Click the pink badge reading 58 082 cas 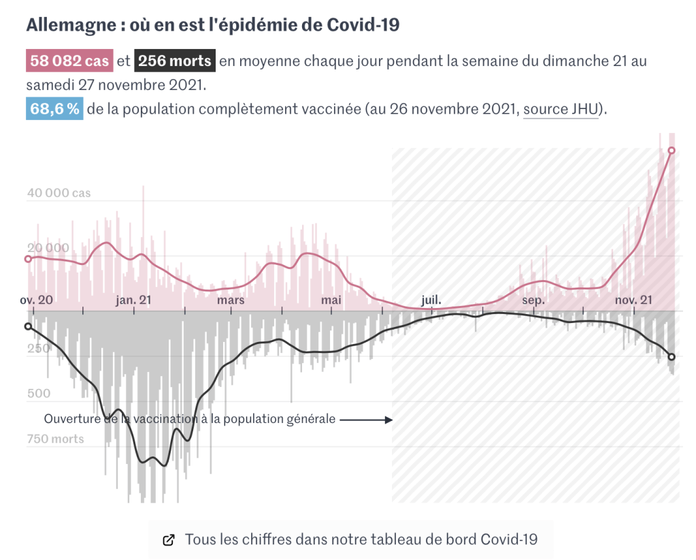(69, 61)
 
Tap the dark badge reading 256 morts (175, 61)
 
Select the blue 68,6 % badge (54, 110)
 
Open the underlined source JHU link (560, 110)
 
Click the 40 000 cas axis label (59, 193)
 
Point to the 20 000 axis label (48, 248)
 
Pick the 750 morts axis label (56, 439)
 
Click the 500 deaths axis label (38, 393)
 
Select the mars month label (231, 300)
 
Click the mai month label (331, 300)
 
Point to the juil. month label (431, 300)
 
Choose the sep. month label (533, 300)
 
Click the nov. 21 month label (634, 300)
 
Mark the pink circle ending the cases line (672, 151)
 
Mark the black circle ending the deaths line (672, 357)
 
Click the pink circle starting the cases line (28, 259)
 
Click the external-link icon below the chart (168, 540)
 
